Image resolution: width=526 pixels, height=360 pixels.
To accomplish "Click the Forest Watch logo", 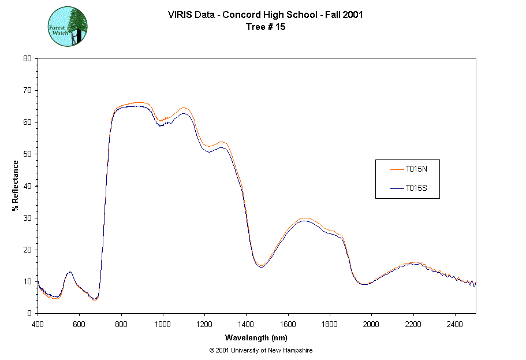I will pyautogui.click(x=68, y=27).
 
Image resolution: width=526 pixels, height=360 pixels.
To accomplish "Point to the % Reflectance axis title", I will pyautogui.click(x=16, y=185).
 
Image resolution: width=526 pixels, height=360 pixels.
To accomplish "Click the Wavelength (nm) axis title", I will pyautogui.click(x=256, y=338).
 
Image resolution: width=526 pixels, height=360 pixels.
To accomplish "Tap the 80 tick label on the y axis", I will pyautogui.click(x=27, y=58).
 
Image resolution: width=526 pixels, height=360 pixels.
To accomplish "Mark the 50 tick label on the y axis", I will pyautogui.click(x=27, y=154).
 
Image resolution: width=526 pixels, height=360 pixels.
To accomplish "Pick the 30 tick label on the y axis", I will pyautogui.click(x=27, y=218).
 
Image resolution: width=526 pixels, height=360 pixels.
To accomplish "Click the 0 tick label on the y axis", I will pyautogui.click(x=29, y=313).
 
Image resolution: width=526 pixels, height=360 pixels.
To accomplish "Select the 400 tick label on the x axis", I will pyautogui.click(x=38, y=324).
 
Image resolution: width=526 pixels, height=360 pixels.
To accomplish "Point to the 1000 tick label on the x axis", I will pyautogui.click(x=163, y=324).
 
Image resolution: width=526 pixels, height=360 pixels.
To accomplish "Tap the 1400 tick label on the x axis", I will pyautogui.click(x=247, y=324).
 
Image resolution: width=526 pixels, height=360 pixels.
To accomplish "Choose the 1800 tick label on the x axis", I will pyautogui.click(x=330, y=324).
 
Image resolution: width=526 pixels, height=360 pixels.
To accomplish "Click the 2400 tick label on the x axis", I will pyautogui.click(x=455, y=324).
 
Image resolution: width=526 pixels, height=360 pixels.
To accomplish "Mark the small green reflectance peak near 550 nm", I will pyautogui.click(x=69, y=272).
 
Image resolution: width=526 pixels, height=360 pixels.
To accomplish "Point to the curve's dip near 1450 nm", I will pyautogui.click(x=261, y=266).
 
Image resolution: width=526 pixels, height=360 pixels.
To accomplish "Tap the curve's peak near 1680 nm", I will pyautogui.click(x=305, y=220).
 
